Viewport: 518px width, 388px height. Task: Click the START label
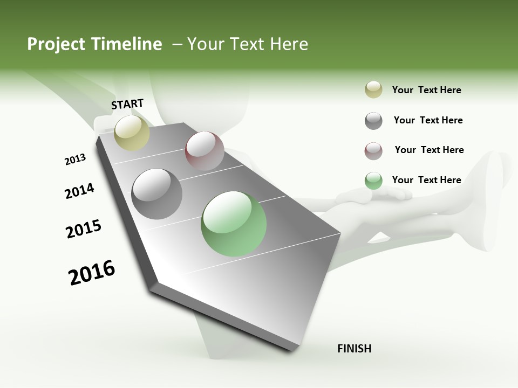tap(127, 104)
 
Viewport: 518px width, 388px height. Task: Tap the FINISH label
tap(354, 349)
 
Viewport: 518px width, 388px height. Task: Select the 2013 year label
tap(75, 160)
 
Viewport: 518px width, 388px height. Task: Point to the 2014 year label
tap(79, 191)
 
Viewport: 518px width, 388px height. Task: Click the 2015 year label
tap(84, 229)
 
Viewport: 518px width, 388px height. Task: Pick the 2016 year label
tap(92, 273)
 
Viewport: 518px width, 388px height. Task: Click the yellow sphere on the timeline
tap(132, 133)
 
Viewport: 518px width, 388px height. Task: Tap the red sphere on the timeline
tap(205, 150)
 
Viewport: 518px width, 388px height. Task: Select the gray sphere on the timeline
tap(157, 194)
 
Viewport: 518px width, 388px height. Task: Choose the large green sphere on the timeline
tap(234, 224)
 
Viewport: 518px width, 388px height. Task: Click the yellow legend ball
tap(373, 90)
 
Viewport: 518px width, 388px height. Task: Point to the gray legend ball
tap(373, 121)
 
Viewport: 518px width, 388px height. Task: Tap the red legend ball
tap(373, 151)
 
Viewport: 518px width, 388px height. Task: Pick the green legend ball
tap(373, 181)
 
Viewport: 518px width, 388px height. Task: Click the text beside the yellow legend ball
tap(426, 90)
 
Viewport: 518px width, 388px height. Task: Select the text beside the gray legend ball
tap(428, 120)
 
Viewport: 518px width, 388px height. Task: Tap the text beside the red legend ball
tap(429, 150)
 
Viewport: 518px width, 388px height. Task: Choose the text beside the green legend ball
tap(426, 180)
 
